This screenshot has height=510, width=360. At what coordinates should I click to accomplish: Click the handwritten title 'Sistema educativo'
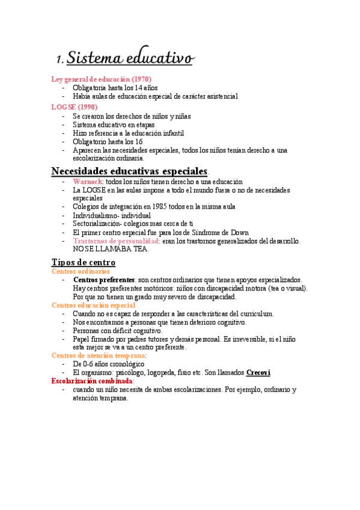click(130, 58)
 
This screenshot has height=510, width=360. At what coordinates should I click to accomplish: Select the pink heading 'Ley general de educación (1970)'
click(101, 79)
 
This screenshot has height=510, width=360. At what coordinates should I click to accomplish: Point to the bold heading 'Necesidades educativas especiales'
click(129, 171)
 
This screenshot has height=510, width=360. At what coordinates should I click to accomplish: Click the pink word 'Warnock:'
click(88, 182)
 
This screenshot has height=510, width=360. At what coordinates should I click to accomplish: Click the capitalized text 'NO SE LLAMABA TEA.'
click(111, 249)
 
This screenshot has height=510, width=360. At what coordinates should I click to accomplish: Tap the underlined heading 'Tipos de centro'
click(84, 263)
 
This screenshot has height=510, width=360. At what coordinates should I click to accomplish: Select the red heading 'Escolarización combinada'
click(92, 381)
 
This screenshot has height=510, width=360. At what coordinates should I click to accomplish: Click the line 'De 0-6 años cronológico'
click(109, 364)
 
